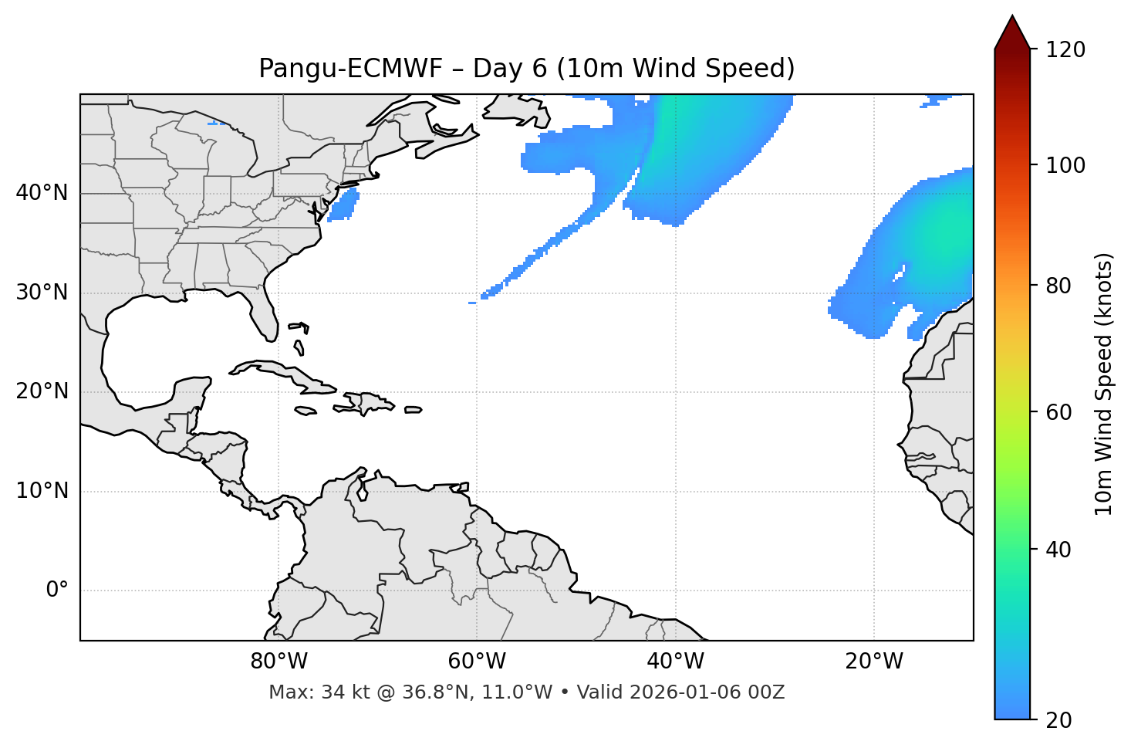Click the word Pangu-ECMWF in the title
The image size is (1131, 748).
[x=350, y=69]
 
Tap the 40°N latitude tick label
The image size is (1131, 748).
[x=42, y=193]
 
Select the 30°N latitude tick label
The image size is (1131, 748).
[x=42, y=293]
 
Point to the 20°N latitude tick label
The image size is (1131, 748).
[x=42, y=391]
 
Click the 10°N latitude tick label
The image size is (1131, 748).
[x=42, y=491]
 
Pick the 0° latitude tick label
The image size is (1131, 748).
[x=57, y=591]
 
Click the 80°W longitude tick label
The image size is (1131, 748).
[x=279, y=662]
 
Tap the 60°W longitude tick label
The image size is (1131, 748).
[x=477, y=662]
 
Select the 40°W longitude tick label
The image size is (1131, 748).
[x=675, y=662]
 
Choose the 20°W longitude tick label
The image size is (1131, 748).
[x=874, y=662]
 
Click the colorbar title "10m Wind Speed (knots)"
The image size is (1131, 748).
[x=1104, y=384]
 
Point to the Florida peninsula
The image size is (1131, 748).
[x=264, y=313]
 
